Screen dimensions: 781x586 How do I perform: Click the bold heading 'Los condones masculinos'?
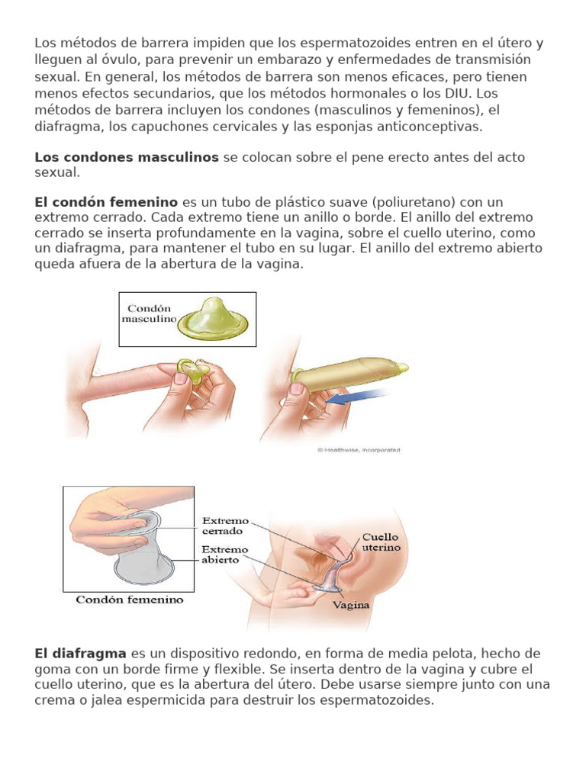click(x=127, y=157)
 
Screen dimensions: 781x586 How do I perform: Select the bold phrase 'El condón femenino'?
click(x=106, y=202)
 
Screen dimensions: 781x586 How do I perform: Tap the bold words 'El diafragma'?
click(x=80, y=654)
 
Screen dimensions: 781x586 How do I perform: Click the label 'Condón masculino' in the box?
click(x=150, y=315)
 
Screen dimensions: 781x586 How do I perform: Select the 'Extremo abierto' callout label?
click(x=225, y=554)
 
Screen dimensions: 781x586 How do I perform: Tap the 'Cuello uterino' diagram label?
click(x=380, y=542)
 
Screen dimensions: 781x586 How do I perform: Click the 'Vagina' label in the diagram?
click(x=351, y=605)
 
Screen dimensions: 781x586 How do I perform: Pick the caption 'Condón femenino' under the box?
click(x=130, y=600)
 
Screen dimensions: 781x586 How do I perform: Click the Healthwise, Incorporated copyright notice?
click(x=358, y=450)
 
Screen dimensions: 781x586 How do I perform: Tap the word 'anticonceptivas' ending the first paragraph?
click(x=433, y=127)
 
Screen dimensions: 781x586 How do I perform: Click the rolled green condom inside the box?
click(x=214, y=321)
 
